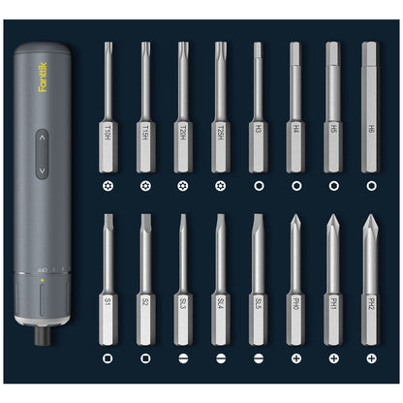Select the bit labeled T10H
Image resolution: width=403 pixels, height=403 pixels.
(108, 107)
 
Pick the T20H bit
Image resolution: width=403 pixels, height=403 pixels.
(182, 107)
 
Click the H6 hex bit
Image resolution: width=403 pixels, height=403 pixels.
(368, 107)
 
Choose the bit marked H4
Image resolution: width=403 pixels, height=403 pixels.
(295, 107)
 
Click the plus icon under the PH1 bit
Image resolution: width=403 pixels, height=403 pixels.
(332, 358)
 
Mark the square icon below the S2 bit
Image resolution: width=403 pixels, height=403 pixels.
(145, 358)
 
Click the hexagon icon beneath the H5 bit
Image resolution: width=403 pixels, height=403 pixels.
(332, 183)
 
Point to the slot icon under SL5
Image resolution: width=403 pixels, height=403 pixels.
(257, 358)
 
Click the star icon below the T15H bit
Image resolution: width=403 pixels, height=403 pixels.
(145, 183)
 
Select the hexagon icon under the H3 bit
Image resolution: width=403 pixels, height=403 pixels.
(257, 183)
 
